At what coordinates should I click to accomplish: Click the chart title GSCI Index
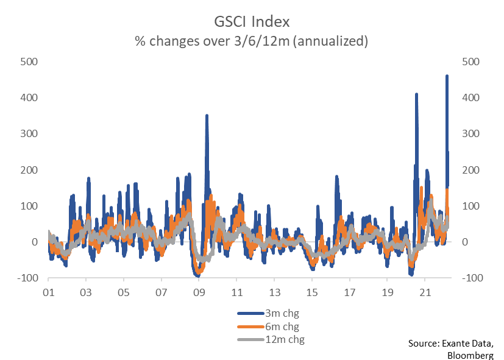click(x=251, y=21)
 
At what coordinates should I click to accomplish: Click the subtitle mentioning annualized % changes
click(x=251, y=41)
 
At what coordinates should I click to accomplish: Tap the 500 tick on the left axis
click(x=30, y=62)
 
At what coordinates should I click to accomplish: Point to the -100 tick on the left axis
click(x=28, y=278)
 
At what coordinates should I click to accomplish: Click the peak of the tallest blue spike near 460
click(x=447, y=76)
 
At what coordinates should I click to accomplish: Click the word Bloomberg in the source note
click(x=470, y=355)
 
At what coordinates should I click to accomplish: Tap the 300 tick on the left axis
click(x=30, y=133)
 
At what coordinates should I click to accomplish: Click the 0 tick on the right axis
click(x=466, y=242)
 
